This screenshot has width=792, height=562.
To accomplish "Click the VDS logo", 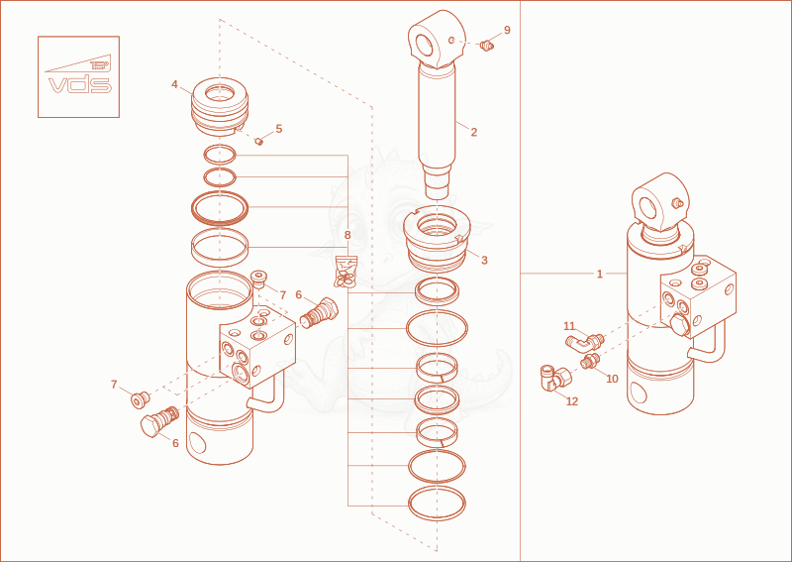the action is tap(79, 76).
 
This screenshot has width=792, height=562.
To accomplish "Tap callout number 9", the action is tap(507, 30).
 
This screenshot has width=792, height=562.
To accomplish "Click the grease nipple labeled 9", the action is tap(486, 46).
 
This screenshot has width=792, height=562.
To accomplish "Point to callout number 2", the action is tap(474, 132).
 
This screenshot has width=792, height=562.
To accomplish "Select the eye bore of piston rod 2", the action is tap(424, 43).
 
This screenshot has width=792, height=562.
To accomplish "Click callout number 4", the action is tap(175, 84).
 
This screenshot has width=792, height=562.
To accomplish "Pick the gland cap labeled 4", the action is tap(220, 106).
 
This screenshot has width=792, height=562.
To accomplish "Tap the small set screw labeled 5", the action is tap(259, 141).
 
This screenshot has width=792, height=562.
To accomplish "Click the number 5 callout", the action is tap(279, 129).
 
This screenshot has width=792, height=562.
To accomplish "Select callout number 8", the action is tap(347, 235).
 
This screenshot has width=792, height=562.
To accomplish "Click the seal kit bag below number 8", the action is tap(346, 272).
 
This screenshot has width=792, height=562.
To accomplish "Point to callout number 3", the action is tap(484, 260).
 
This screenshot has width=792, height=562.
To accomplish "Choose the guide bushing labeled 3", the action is tap(437, 240).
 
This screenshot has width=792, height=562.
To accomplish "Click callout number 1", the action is tap(600, 275).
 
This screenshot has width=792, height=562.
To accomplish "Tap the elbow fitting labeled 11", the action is tap(584, 343).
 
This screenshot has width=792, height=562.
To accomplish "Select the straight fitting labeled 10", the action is tap(590, 361).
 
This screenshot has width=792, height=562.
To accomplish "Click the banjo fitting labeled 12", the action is tap(555, 378).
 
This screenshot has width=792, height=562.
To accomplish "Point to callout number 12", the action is tap(572, 401).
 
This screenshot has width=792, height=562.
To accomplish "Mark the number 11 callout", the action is tap(569, 326).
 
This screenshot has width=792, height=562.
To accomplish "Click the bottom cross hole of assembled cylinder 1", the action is tap(639, 393).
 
